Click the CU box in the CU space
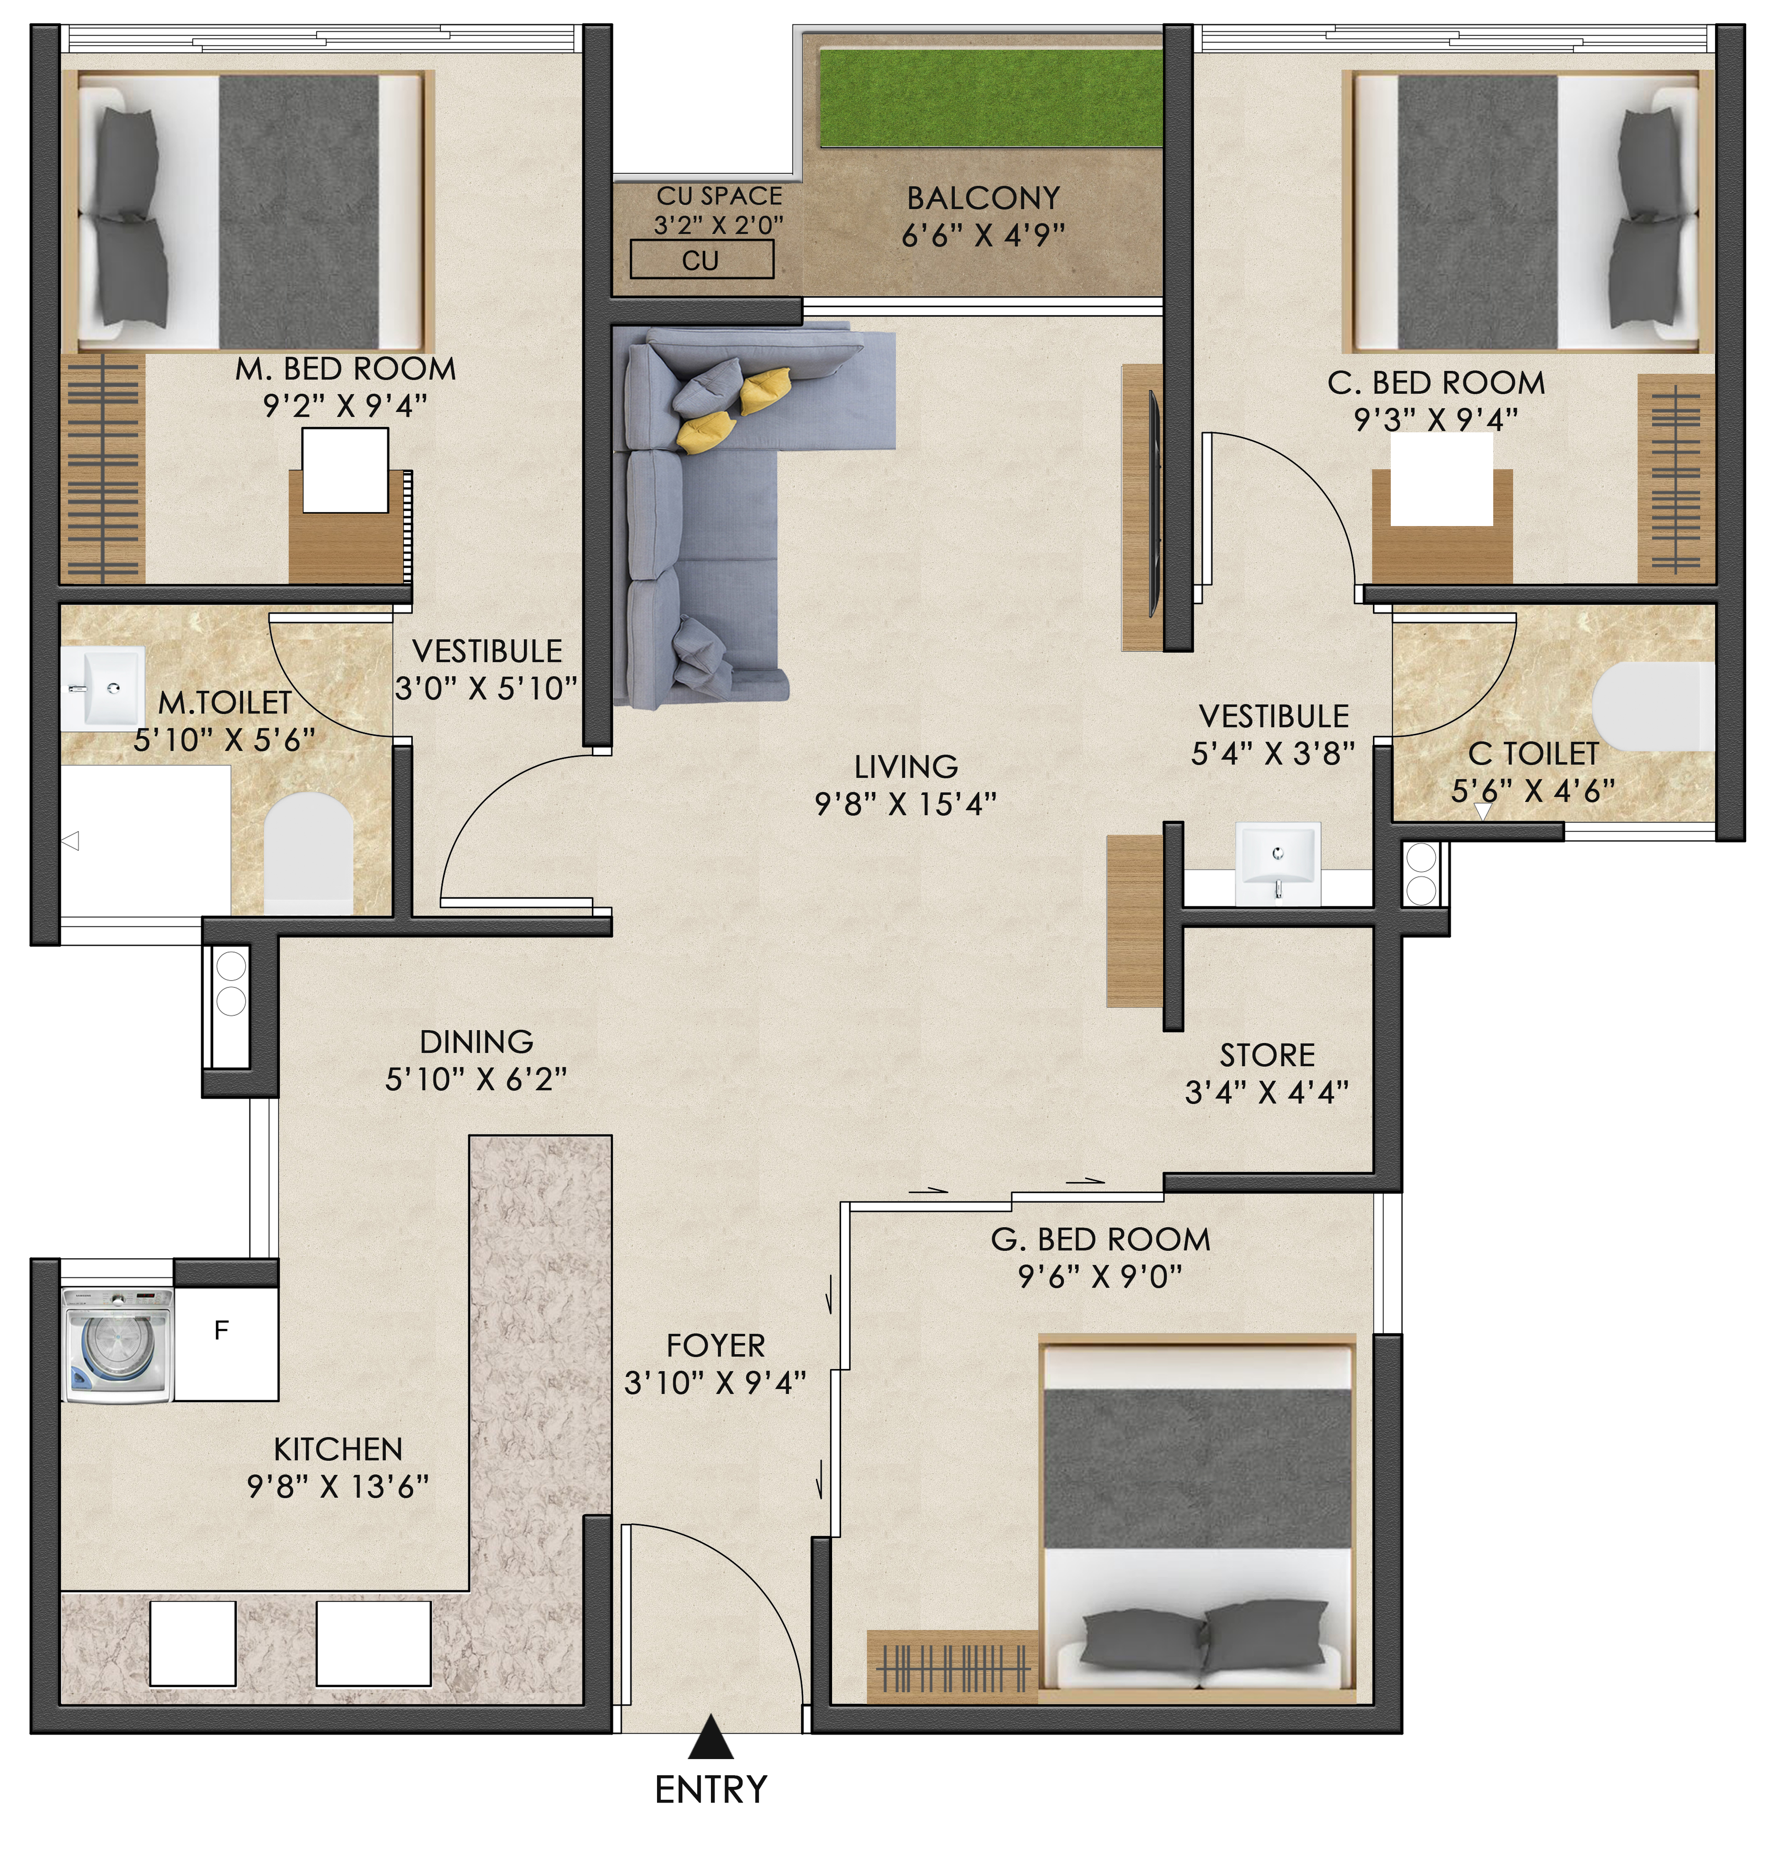coord(702,259)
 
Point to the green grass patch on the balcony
coord(991,98)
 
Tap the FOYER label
coord(716,1345)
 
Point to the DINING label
coord(477,1042)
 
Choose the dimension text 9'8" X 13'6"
coord(337,1486)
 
